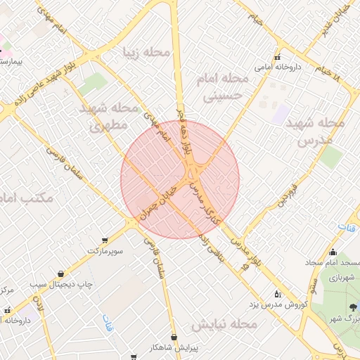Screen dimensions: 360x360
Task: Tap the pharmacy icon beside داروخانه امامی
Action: (277, 57)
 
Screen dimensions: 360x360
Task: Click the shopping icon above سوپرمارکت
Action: (105, 240)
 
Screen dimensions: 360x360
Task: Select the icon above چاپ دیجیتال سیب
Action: (61, 274)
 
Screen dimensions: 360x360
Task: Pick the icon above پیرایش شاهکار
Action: (174, 336)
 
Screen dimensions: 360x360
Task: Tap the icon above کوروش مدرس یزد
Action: (277, 293)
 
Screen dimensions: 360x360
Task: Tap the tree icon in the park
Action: (352, 307)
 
